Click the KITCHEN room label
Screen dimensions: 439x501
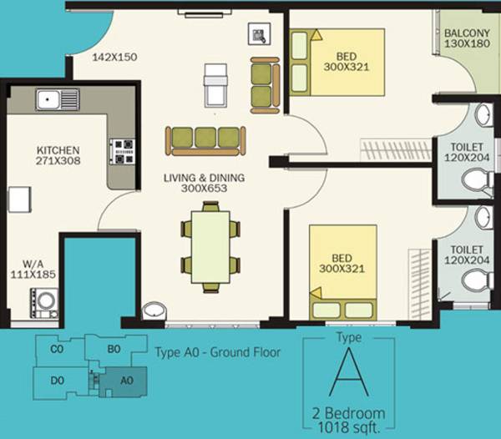point(58,154)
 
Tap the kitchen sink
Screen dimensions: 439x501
point(57,99)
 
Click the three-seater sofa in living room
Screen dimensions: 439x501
point(205,140)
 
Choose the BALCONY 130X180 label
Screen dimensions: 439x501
point(465,38)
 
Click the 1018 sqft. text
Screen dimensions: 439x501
point(349,426)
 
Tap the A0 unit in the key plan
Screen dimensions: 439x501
point(126,380)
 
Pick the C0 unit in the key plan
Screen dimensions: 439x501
point(57,351)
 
